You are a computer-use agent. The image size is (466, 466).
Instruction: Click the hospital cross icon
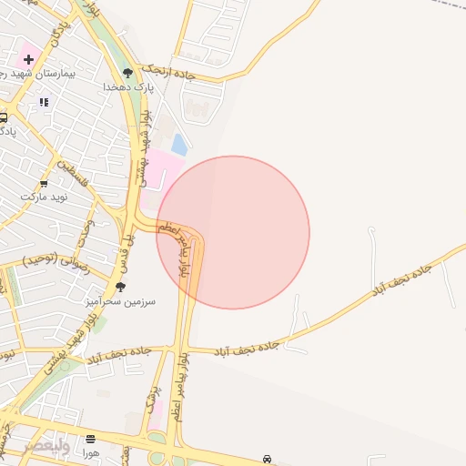pyautogui.click(x=29, y=60)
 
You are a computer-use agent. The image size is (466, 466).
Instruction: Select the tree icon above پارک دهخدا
pyautogui.click(x=127, y=73)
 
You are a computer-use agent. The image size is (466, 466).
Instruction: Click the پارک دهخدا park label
pyautogui.click(x=128, y=86)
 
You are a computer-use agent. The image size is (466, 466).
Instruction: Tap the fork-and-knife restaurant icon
pyautogui.click(x=43, y=103)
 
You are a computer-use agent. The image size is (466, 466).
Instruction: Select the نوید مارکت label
pyautogui.click(x=45, y=196)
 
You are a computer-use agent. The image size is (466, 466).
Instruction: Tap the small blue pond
pyautogui.click(x=180, y=144)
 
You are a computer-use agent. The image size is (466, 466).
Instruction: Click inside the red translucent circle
pyautogui.click(x=233, y=232)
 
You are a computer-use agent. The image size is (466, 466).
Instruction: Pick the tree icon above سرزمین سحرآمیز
pyautogui.click(x=120, y=286)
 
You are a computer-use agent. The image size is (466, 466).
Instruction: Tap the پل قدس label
pyautogui.click(x=120, y=247)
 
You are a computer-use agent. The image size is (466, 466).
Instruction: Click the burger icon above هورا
pyautogui.click(x=89, y=440)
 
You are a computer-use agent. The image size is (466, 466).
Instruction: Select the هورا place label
pyautogui.click(x=89, y=452)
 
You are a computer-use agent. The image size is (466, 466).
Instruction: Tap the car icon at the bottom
pyautogui.click(x=267, y=459)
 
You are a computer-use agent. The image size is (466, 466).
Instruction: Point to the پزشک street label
pyautogui.click(x=151, y=399)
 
